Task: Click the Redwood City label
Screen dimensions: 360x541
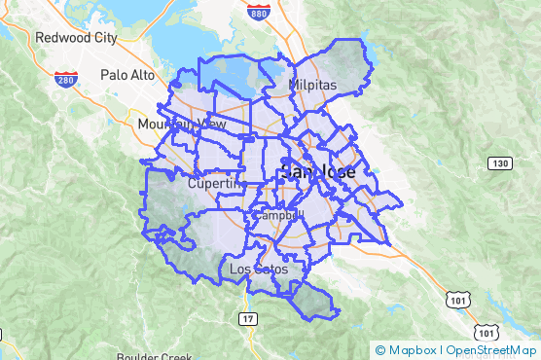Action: (75, 38)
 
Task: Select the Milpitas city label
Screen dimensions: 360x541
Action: (311, 86)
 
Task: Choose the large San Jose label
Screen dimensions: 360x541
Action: (317, 172)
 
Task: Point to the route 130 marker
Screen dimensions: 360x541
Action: (499, 162)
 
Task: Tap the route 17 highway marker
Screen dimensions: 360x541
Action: (247, 318)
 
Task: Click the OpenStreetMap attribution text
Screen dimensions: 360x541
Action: (491, 350)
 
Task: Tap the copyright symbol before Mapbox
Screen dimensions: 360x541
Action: (380, 350)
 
